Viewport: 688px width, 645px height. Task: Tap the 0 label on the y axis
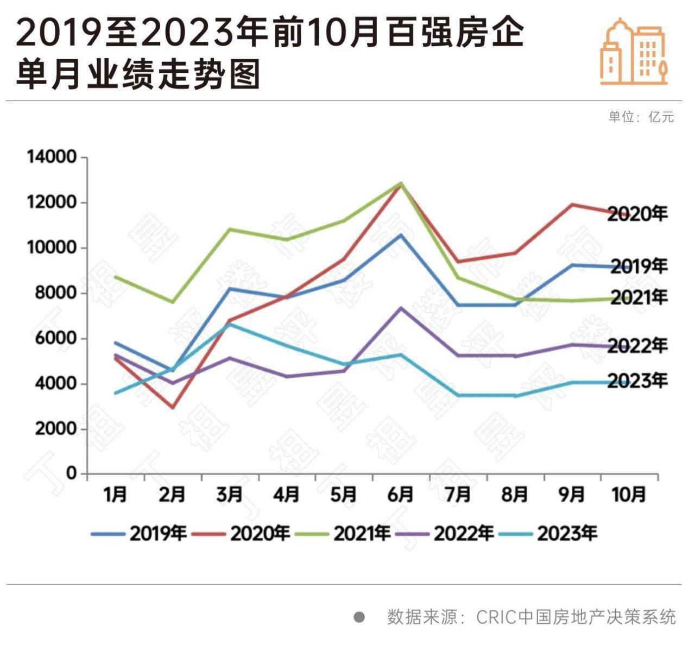(x=71, y=473)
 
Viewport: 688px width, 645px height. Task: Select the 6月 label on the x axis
(x=401, y=495)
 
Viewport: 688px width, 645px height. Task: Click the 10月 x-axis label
(x=629, y=495)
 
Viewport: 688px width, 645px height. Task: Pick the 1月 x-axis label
(x=115, y=495)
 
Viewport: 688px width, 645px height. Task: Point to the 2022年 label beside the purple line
(x=637, y=346)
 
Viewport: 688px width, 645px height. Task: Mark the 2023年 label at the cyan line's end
(x=637, y=381)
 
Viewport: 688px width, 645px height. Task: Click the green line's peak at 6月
(x=401, y=183)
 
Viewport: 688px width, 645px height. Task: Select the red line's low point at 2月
(x=173, y=407)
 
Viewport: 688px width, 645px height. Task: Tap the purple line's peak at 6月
(x=401, y=308)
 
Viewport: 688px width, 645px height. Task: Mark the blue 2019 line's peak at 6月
(x=401, y=235)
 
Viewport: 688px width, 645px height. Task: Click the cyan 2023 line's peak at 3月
(x=230, y=324)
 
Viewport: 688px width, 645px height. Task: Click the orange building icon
(x=633, y=52)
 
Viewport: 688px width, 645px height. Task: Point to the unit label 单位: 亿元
(x=641, y=117)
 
